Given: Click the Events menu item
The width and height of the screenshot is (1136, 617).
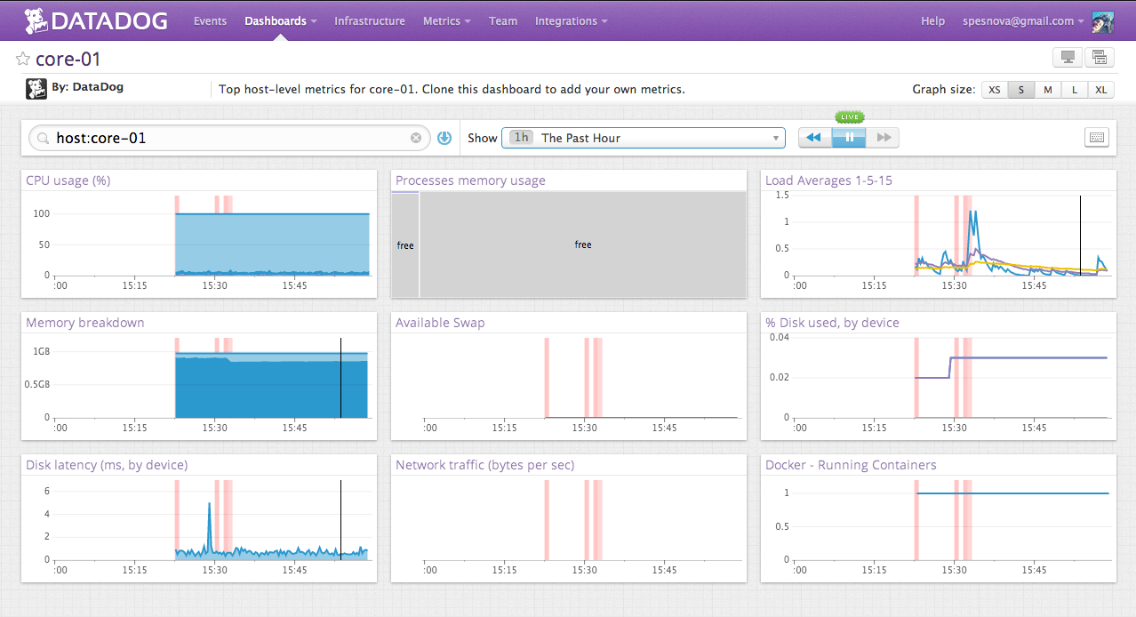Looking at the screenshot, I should point(210,20).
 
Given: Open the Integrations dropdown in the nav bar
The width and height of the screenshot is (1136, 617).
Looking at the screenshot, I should point(571,20).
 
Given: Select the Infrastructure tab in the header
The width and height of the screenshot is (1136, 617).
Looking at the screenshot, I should point(369,20).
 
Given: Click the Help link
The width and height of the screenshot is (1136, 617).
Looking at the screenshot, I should point(932,20).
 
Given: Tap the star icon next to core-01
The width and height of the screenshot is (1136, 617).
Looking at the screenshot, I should point(23,59).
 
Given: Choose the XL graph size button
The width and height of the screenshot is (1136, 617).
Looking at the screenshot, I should point(1101,89).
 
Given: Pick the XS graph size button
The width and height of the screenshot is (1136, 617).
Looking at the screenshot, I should point(995,89).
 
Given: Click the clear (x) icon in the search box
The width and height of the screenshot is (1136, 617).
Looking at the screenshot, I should point(415,138).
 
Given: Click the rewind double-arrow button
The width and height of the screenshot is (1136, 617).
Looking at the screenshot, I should point(814,138).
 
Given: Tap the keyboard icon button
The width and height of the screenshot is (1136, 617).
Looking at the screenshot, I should point(1097,138).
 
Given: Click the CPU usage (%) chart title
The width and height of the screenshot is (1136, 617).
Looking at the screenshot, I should point(68,180).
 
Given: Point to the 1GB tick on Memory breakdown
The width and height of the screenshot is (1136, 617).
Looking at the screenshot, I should point(40,351).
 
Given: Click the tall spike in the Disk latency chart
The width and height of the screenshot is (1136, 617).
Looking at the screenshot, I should point(209,505).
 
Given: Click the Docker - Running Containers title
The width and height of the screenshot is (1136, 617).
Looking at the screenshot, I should point(850,465).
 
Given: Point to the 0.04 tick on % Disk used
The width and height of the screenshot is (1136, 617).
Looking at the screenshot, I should point(779,338).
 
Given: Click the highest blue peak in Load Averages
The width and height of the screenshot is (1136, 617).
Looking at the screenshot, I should point(975,212).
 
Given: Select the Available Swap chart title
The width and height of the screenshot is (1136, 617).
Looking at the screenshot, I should point(440,323).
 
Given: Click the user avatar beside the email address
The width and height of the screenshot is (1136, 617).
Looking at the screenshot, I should point(1103,20).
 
